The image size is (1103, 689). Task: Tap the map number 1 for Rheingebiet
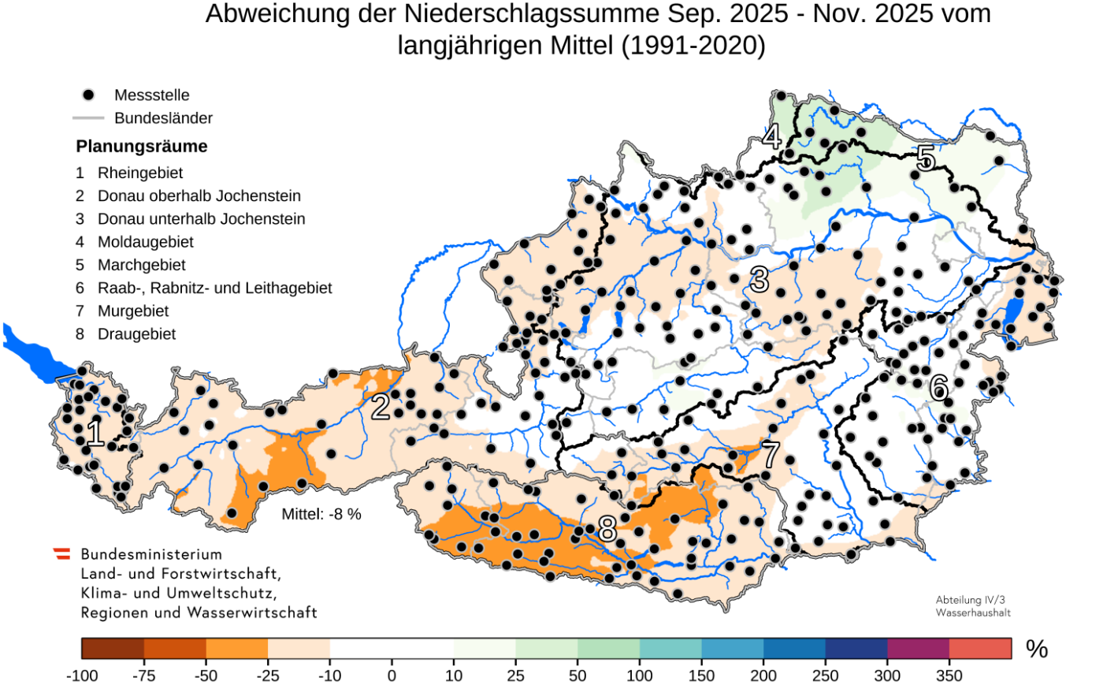(x=95, y=434)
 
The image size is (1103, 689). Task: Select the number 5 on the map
(x=925, y=158)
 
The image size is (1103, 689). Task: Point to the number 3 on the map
(x=759, y=279)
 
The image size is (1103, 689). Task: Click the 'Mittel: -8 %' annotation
(x=321, y=515)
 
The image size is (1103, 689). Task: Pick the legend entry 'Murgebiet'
(x=132, y=311)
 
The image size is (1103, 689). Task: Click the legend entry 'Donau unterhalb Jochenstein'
(x=201, y=219)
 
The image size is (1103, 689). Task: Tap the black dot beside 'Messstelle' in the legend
(x=88, y=95)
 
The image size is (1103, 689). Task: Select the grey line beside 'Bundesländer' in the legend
(x=88, y=118)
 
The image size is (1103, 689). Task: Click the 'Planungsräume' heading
(x=142, y=147)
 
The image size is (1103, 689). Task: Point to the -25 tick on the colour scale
(x=268, y=676)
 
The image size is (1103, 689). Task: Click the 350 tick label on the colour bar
(x=949, y=676)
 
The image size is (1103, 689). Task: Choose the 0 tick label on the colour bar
(x=392, y=676)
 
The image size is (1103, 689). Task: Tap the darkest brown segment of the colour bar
(x=113, y=648)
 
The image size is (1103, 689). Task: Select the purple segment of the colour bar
(x=918, y=648)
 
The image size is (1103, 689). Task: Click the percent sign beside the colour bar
(x=1037, y=649)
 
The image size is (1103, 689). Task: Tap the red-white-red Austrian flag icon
(x=61, y=553)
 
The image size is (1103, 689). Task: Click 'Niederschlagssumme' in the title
(x=531, y=14)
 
